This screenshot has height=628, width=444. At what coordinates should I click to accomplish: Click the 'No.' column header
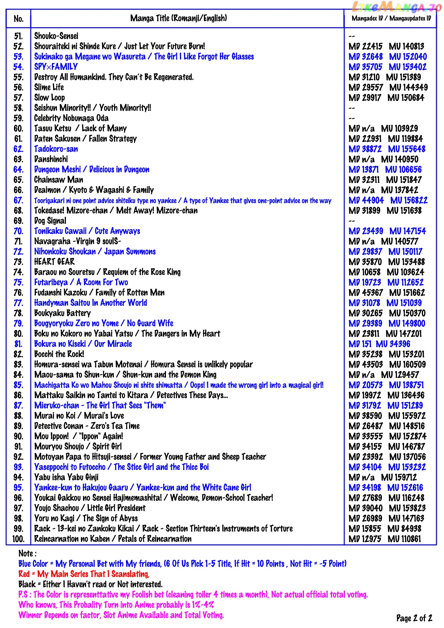[x=18, y=18]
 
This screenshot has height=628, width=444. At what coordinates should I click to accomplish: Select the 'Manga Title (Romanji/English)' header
[x=178, y=18]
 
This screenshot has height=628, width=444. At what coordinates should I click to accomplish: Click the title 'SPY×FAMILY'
[x=56, y=67]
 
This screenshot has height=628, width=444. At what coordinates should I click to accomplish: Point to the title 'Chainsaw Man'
[x=58, y=180]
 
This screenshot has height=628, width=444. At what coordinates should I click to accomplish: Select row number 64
[x=18, y=170]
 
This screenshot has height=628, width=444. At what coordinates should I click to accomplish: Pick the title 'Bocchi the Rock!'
[x=59, y=354]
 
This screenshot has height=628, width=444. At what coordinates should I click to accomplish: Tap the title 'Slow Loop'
[x=50, y=97]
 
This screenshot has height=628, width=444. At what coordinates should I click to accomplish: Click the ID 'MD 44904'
[x=366, y=200]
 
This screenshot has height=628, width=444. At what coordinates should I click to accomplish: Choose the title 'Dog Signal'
[x=50, y=221]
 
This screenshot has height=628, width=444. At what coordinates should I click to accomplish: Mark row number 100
[x=18, y=539]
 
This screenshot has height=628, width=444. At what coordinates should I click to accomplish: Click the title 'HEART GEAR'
[x=54, y=262]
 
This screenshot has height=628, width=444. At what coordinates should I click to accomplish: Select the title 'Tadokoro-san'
[x=56, y=149]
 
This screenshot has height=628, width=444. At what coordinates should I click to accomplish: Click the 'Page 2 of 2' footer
[x=414, y=618]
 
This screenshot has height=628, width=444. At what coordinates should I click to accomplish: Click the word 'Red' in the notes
[x=24, y=574]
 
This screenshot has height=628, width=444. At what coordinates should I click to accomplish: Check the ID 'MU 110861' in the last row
[x=404, y=539]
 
